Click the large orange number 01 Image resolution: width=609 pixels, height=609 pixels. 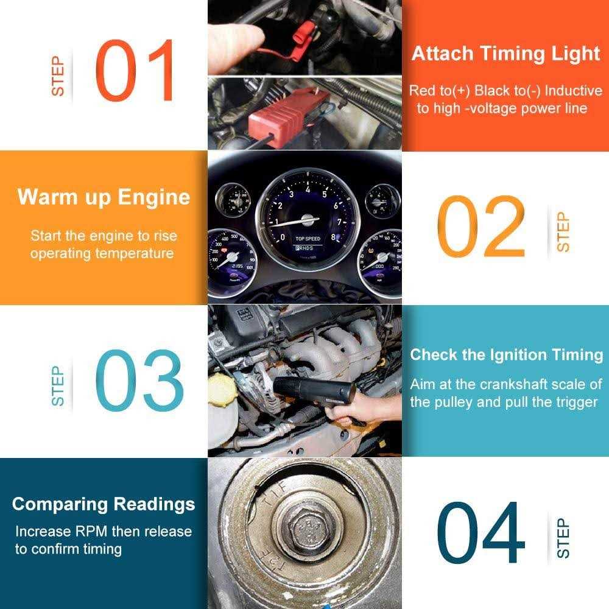[135, 71]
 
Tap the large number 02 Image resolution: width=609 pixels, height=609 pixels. [481, 227]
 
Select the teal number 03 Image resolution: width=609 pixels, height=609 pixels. [139, 381]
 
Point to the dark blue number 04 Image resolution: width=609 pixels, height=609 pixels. [481, 534]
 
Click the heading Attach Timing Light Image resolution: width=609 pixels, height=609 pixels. [505, 54]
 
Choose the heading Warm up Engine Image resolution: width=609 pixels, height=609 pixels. [104, 197]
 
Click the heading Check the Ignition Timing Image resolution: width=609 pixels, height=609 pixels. [506, 355]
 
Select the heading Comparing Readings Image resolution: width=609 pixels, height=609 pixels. [104, 504]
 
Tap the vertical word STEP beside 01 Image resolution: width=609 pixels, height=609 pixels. [58, 76]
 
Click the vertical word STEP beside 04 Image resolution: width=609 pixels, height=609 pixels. [563, 538]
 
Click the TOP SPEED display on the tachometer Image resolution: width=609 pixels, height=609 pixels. [308, 239]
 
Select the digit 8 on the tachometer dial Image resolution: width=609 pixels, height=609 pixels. [333, 237]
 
